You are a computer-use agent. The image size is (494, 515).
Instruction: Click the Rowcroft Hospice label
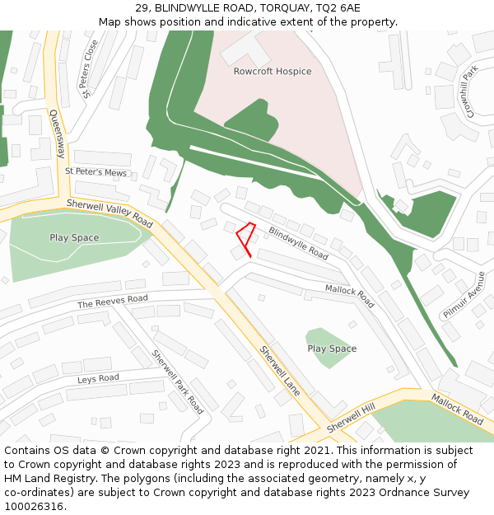click(x=272, y=72)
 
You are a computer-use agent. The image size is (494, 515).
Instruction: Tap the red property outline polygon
click(x=245, y=236)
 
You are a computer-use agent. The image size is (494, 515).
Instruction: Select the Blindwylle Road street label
click(x=298, y=244)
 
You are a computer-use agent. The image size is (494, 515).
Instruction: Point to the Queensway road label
click(x=57, y=135)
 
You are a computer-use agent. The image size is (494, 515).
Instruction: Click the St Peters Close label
click(x=91, y=69)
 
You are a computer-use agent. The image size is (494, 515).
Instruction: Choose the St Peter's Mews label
click(x=96, y=172)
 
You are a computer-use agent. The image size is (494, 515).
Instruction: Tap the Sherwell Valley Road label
click(x=110, y=213)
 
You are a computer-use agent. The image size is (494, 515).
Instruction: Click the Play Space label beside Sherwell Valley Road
click(x=74, y=238)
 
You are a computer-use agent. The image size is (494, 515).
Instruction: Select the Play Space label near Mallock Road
click(x=332, y=349)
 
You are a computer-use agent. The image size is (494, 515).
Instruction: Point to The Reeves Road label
click(x=113, y=302)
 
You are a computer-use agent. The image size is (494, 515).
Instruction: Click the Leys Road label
click(x=98, y=378)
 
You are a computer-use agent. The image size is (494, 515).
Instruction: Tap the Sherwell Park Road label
click(x=177, y=382)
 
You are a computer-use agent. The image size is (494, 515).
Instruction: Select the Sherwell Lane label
click(x=279, y=371)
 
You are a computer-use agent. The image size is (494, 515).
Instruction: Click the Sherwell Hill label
click(x=351, y=419)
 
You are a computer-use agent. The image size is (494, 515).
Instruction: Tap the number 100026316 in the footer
click(x=35, y=506)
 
